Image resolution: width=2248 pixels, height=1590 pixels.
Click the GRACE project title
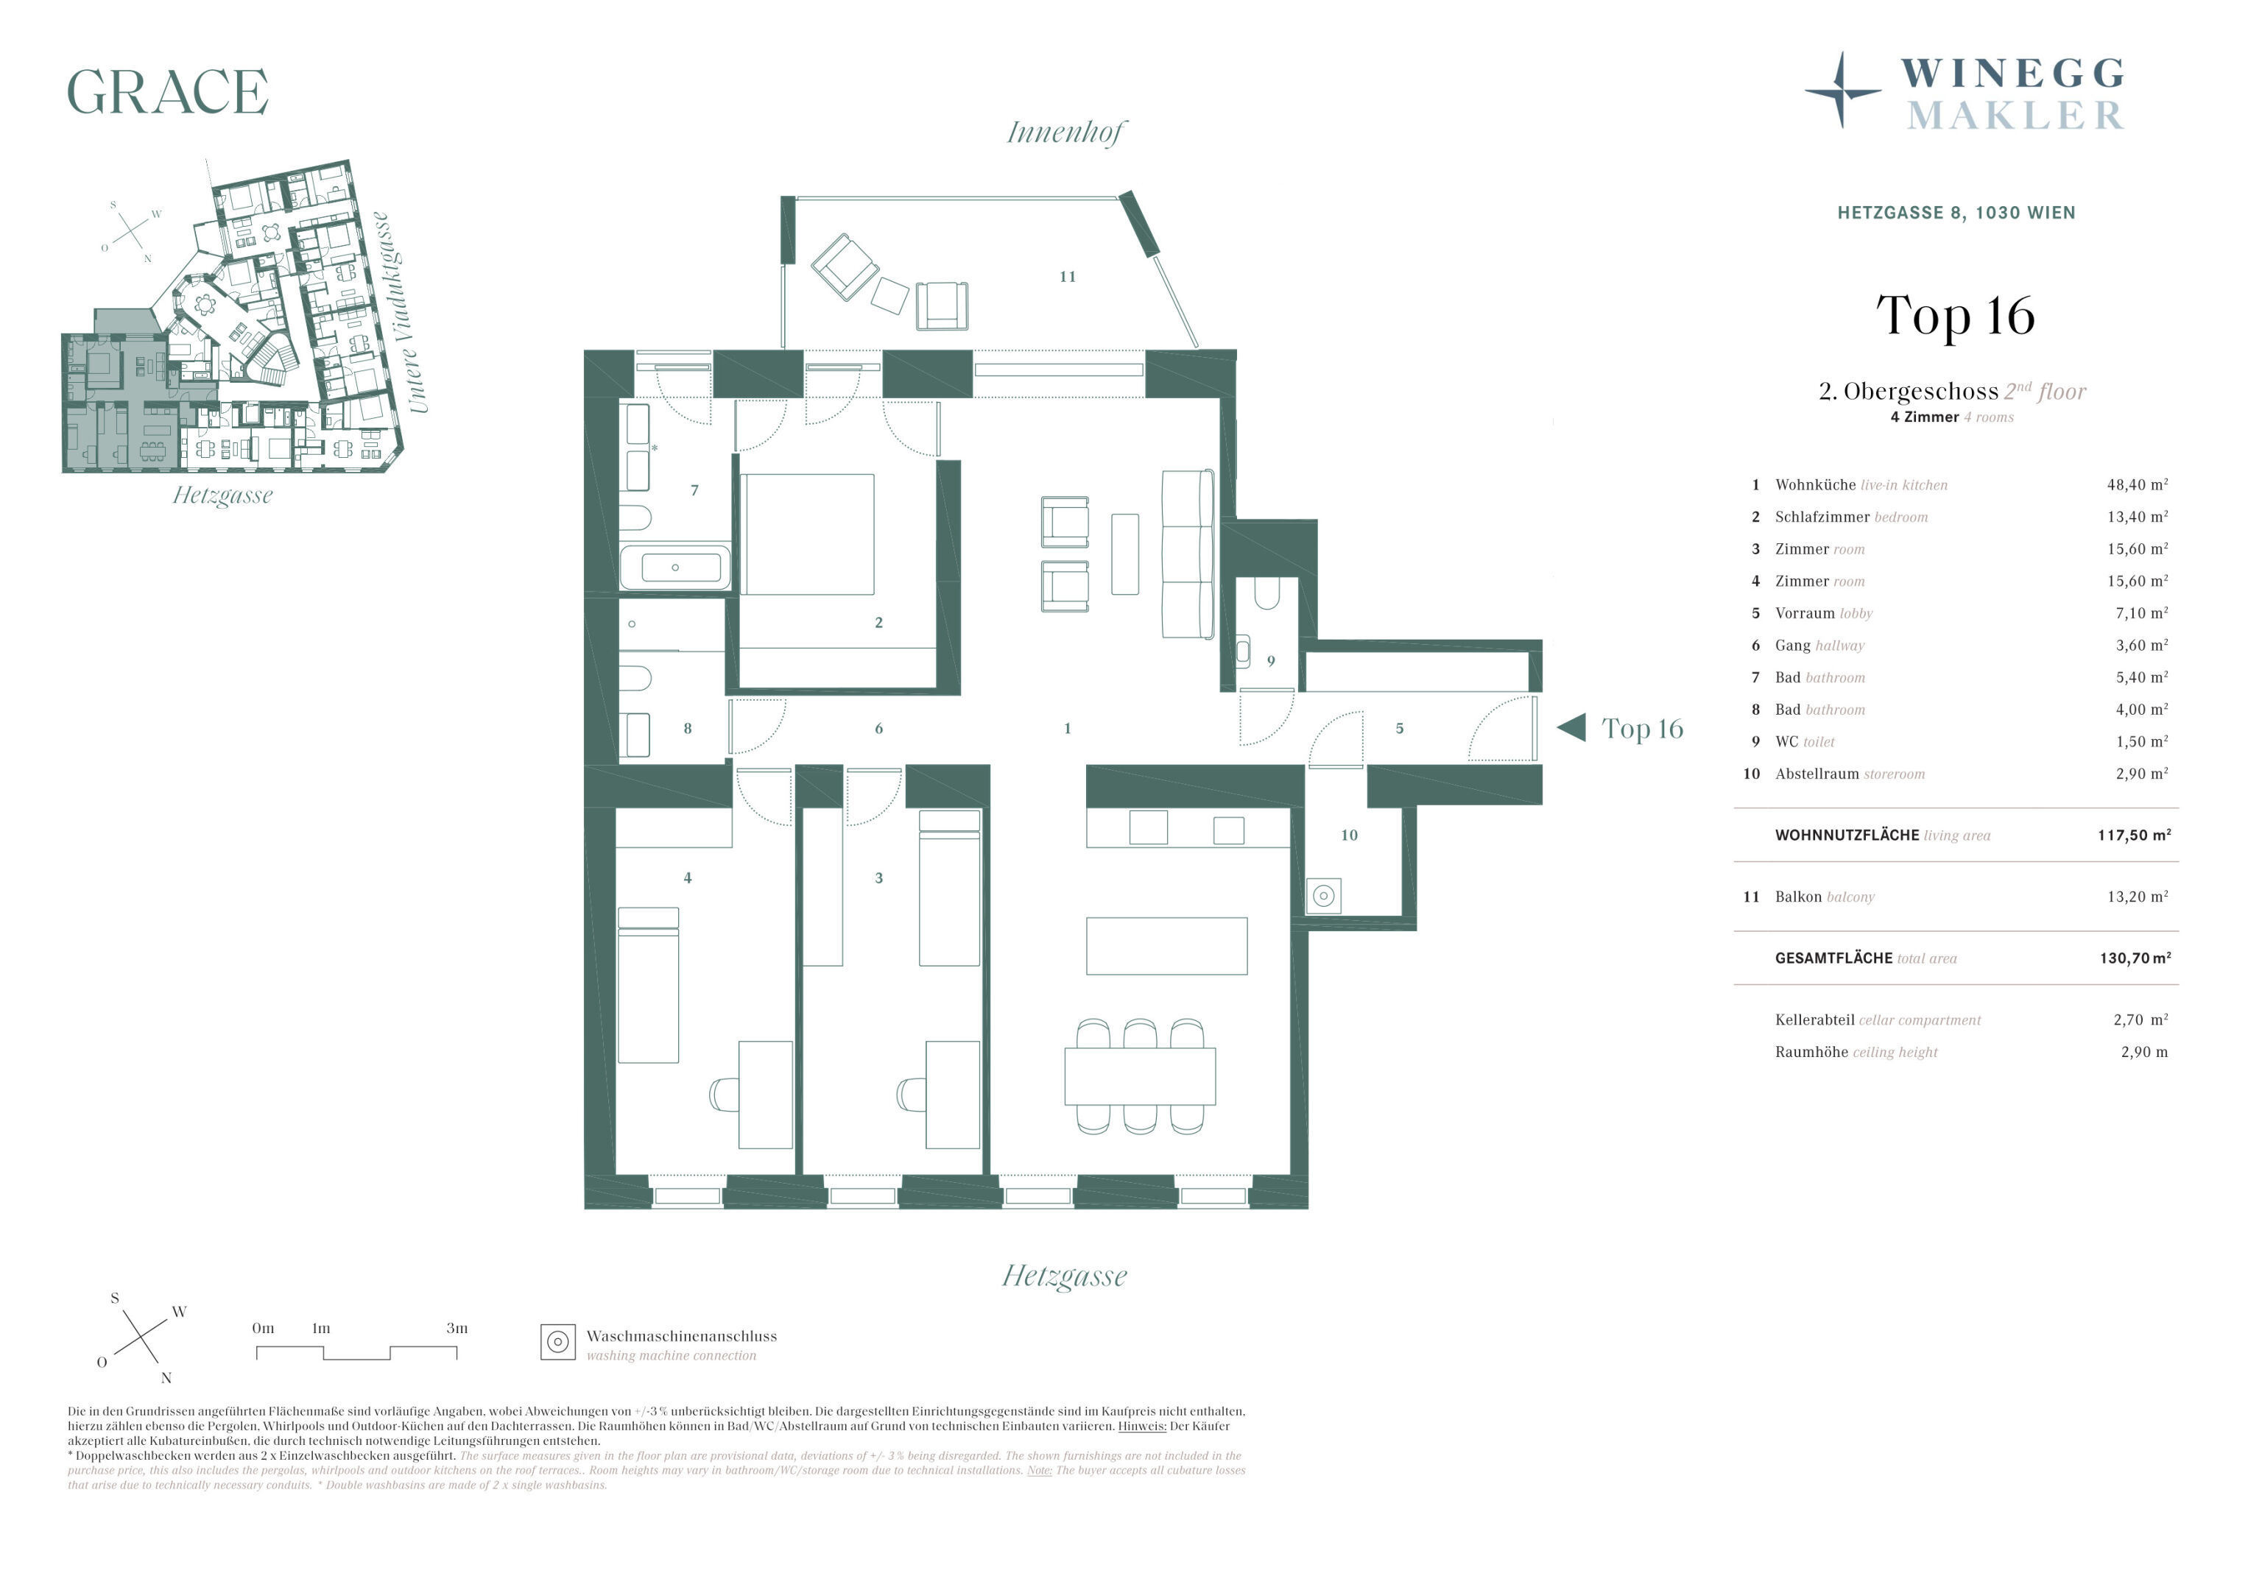point(167,92)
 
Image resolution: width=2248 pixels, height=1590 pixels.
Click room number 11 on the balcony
point(1067,277)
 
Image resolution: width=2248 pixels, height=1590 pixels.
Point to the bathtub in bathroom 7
point(674,567)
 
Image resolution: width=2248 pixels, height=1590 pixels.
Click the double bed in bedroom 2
point(808,534)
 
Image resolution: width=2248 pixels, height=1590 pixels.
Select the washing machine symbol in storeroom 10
point(1324,896)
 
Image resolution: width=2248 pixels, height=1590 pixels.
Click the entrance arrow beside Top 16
point(1571,727)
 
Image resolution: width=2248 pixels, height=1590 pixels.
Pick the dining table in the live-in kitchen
point(1140,1076)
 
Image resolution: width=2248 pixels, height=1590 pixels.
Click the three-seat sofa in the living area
point(1188,554)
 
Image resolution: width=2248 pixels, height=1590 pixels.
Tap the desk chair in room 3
point(911,1095)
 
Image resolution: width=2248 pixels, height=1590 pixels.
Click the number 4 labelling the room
point(687,878)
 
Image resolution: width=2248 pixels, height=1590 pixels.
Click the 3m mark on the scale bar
point(457,1329)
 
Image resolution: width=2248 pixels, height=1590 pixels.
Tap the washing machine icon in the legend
point(558,1342)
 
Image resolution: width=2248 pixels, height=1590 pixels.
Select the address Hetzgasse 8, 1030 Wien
point(1956,213)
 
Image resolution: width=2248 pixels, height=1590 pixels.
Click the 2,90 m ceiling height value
point(2144,1053)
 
